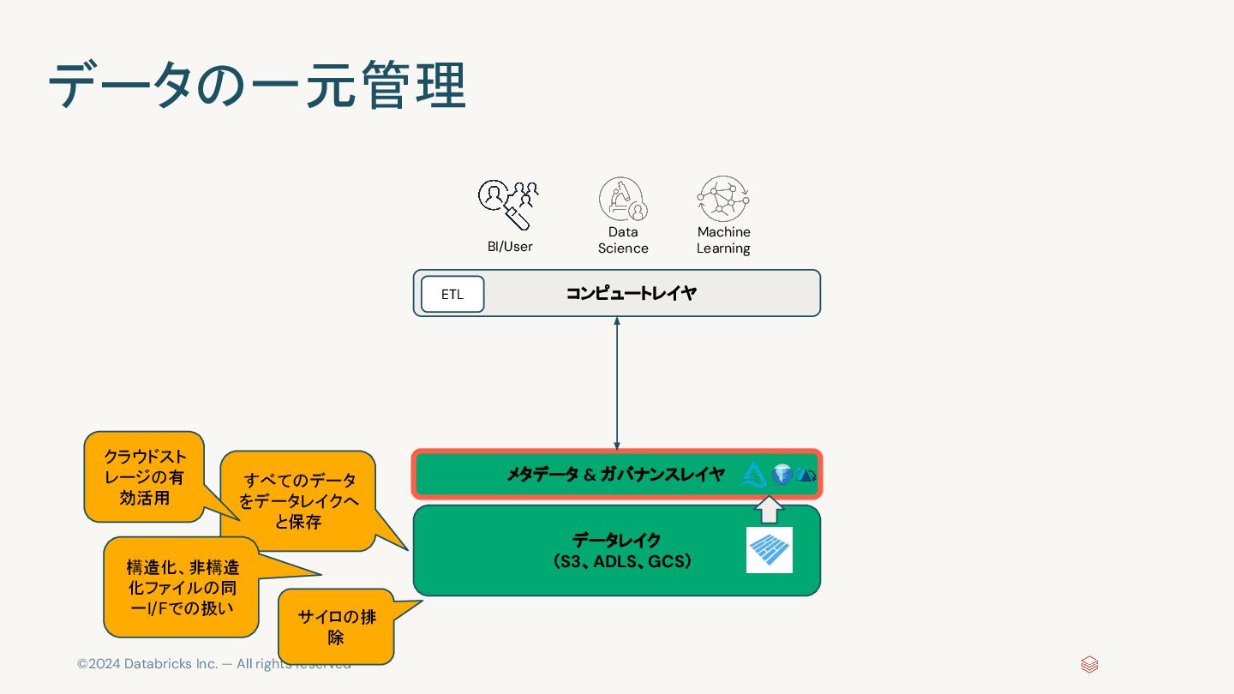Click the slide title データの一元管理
[x=257, y=86]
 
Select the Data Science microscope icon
[x=622, y=199]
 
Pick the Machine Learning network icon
[x=723, y=199]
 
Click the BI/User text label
[x=510, y=247]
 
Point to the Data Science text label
[x=623, y=240]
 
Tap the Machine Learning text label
[x=723, y=240]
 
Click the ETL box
[x=452, y=294]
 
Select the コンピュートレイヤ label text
[x=631, y=294]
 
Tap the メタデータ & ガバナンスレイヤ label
[x=615, y=474]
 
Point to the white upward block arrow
[x=769, y=511]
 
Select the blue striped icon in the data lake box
[x=769, y=550]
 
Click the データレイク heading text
[x=616, y=541]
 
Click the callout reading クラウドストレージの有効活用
[x=144, y=477]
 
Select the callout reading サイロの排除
[x=336, y=626]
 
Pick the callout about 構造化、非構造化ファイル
[x=181, y=587]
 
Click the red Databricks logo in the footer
[x=1089, y=665]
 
